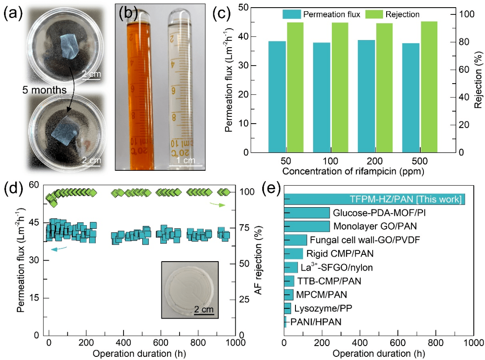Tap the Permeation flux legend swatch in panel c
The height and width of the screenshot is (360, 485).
[x=291, y=14]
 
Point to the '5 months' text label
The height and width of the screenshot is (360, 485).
[x=45, y=90]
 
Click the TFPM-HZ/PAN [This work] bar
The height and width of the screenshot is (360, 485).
[x=375, y=199]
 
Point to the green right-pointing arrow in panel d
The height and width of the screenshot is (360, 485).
[x=216, y=204]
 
